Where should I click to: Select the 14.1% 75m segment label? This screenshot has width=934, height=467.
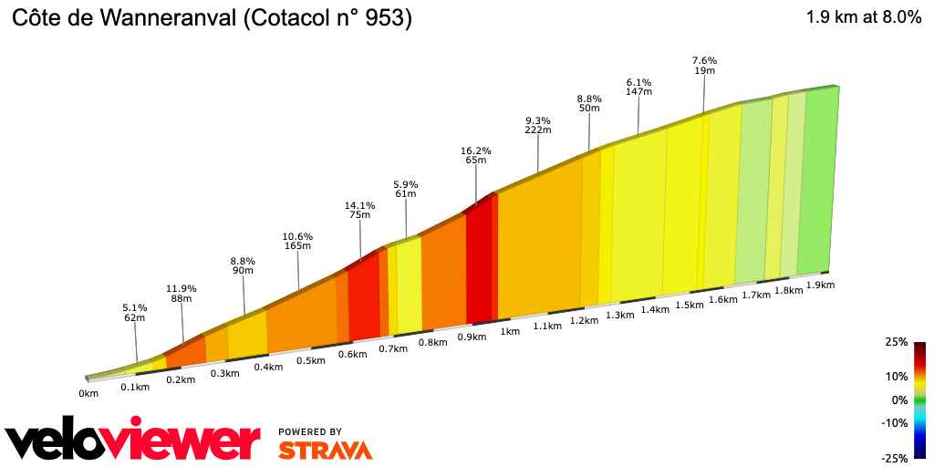coord(359,209)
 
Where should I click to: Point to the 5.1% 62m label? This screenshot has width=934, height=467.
coord(135,312)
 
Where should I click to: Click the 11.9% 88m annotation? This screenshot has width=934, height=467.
coord(182,294)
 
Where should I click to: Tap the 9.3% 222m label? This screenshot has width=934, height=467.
coord(538,125)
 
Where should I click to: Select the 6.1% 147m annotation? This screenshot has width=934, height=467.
coord(638,87)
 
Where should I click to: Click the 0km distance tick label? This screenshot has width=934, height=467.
coord(88,394)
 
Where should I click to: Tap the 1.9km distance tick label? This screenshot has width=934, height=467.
coord(821,285)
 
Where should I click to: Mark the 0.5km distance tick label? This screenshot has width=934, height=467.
coord(311,360)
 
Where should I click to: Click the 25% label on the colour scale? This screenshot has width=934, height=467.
coord(896,342)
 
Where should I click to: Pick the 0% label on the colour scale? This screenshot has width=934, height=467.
coord(899,400)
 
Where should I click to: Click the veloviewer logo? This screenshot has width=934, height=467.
coord(132,441)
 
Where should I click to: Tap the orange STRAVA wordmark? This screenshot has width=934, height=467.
coord(325,450)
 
